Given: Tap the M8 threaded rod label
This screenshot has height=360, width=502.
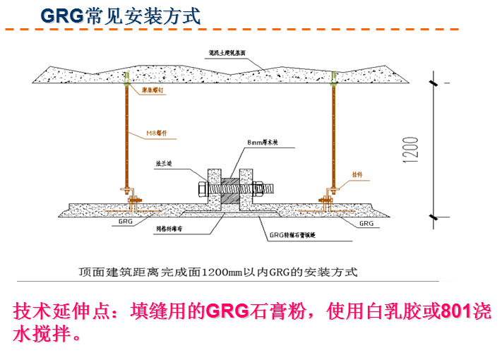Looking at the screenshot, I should coord(156,133).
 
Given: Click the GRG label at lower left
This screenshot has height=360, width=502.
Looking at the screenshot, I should coord(125,221).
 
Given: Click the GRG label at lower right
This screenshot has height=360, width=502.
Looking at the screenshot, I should coord(366,222).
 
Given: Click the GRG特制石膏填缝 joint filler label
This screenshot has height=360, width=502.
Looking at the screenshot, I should coord(294,237).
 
